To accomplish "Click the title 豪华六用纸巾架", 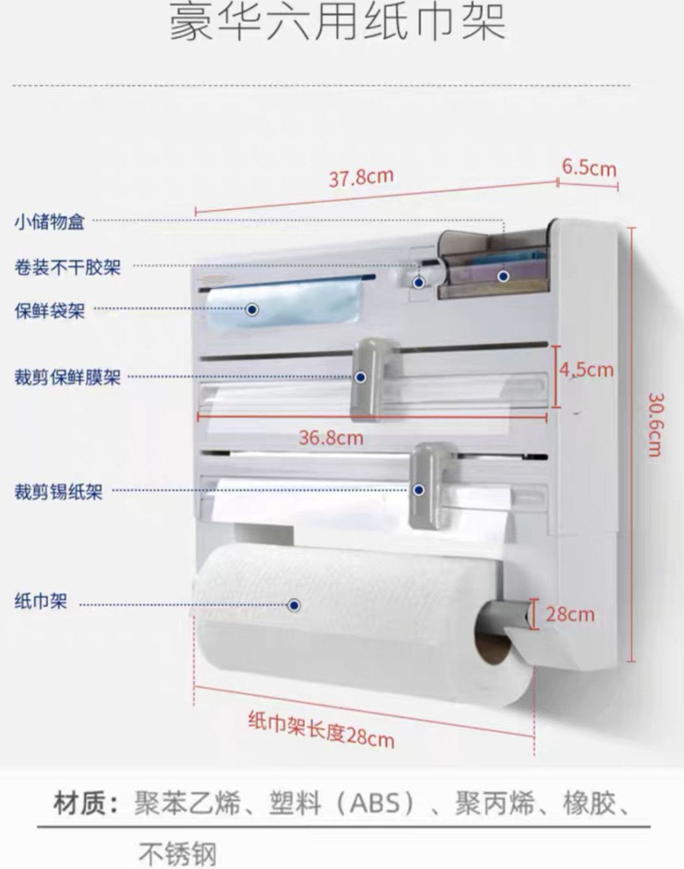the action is [x=337, y=23].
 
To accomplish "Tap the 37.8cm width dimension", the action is [x=361, y=178].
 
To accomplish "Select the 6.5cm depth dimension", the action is [x=589, y=167].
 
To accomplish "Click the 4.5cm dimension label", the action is [x=586, y=370].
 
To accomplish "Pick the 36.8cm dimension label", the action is [x=330, y=437].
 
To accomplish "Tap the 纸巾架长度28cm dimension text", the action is [x=321, y=729].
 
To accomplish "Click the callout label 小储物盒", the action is [x=49, y=221].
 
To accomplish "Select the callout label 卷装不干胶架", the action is [x=67, y=268].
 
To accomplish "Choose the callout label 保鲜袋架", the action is [x=49, y=310].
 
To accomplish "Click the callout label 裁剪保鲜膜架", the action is [x=67, y=377].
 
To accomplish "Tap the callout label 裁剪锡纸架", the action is [x=58, y=492].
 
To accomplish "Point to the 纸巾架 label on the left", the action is [x=41, y=602].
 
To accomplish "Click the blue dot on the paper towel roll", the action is [x=295, y=605].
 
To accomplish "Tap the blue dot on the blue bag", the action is [x=252, y=309].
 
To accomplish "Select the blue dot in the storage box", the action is [x=503, y=276].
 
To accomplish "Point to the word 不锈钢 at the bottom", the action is [x=177, y=853].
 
